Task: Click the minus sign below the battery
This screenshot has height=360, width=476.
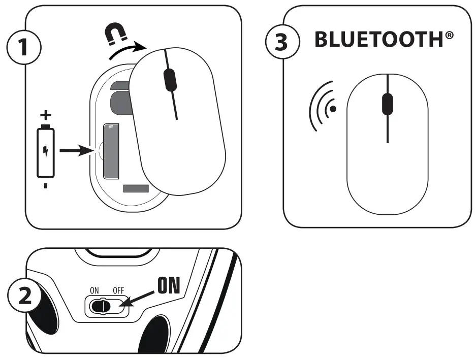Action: (x=46, y=186)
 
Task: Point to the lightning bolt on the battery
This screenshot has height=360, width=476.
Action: (x=46, y=151)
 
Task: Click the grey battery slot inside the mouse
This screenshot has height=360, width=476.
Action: (x=110, y=151)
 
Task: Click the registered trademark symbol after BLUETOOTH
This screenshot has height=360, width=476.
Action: (x=450, y=36)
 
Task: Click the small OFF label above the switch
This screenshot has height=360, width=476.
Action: (x=118, y=291)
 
